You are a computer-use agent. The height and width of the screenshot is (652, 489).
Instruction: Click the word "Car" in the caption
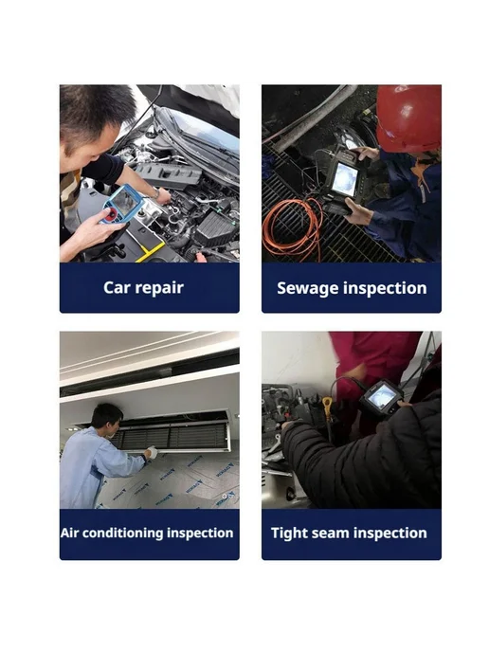(x=117, y=287)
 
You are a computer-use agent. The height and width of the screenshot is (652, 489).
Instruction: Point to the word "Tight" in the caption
(x=289, y=534)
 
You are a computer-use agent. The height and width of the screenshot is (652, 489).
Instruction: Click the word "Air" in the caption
(x=69, y=533)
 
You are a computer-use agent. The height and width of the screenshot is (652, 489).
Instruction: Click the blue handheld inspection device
(x=122, y=204)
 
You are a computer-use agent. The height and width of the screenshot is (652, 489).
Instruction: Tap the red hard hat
(x=408, y=118)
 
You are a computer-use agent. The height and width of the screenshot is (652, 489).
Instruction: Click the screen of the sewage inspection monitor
(x=344, y=179)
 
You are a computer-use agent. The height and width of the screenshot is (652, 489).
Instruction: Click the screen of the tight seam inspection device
(x=381, y=394)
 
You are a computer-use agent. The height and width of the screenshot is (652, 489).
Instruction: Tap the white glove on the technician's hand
(x=152, y=452)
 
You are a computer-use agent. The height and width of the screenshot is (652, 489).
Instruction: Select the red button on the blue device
(x=111, y=215)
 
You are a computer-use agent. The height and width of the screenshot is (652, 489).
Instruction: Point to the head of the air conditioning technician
(x=106, y=418)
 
